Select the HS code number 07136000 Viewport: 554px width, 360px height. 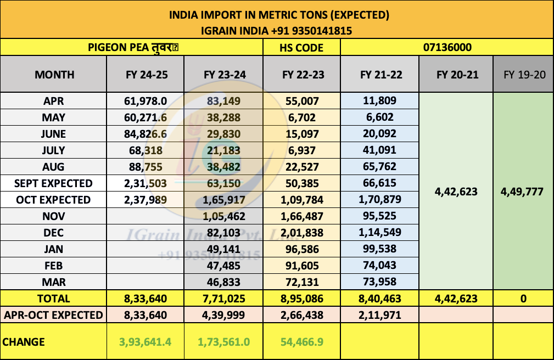(447, 48)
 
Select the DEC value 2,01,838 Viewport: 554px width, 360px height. (303, 233)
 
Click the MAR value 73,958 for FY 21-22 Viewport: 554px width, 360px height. (380, 282)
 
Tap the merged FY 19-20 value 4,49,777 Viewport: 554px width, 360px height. (523, 192)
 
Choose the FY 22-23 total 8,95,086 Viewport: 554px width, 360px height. (303, 299)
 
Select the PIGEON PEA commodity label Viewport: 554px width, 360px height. (134, 48)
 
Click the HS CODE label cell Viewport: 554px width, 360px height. (301, 48)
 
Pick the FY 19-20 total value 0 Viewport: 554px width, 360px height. (523, 299)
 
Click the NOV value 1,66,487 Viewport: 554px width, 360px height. (303, 216)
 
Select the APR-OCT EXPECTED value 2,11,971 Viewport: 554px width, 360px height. (380, 315)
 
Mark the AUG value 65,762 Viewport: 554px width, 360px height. (380, 167)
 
